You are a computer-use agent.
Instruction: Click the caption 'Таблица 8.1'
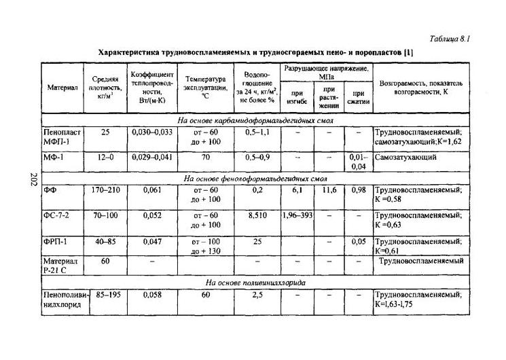click(449, 39)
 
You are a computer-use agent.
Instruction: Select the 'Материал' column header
click(62, 88)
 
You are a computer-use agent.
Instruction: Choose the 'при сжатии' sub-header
click(357, 97)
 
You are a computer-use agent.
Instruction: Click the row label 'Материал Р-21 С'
click(61, 265)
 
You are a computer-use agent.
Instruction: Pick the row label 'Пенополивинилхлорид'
click(62, 300)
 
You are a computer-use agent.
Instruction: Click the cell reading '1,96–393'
click(297, 215)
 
